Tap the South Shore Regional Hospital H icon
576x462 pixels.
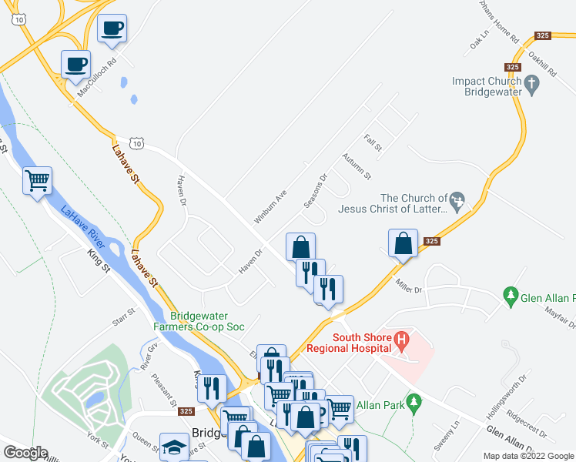click(400, 338)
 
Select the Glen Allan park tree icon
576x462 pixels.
click(509, 294)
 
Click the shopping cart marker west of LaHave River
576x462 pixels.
click(37, 182)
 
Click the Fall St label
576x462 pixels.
click(373, 142)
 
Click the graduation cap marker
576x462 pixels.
click(174, 447)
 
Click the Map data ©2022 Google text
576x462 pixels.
click(527, 456)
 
